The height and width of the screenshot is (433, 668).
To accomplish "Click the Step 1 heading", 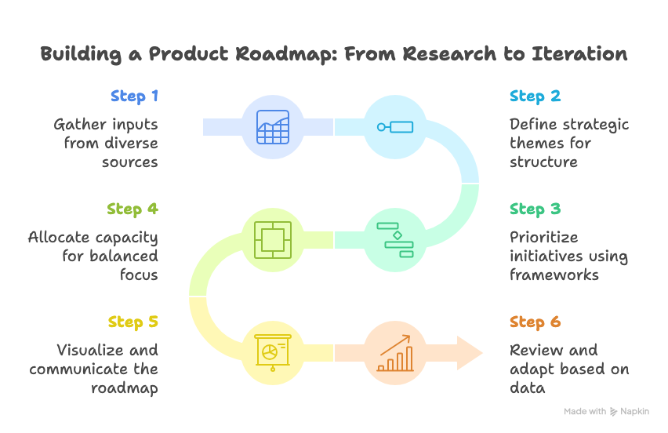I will (134, 96).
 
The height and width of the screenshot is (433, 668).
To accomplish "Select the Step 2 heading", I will (535, 96).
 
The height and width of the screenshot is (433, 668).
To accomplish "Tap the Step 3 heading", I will (535, 209).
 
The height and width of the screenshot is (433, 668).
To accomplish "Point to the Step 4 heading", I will (133, 209).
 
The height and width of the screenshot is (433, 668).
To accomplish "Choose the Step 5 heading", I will (133, 322).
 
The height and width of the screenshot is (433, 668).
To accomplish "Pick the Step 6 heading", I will (535, 322).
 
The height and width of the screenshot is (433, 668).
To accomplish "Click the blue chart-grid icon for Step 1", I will (273, 126).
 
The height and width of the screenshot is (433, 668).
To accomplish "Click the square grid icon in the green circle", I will (273, 240).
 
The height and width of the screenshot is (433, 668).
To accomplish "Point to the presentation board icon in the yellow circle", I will (273, 352).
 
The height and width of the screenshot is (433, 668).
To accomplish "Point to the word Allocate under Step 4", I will (60, 237).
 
